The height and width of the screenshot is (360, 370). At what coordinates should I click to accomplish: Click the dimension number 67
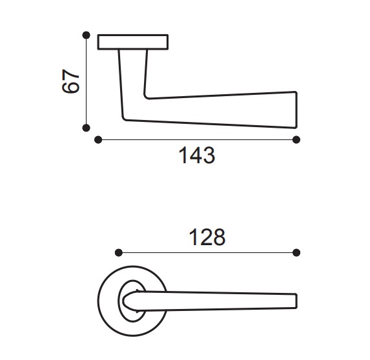(x=70, y=81)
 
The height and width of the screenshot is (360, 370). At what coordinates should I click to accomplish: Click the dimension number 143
(x=197, y=155)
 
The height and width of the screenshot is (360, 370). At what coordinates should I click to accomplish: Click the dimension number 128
(x=207, y=237)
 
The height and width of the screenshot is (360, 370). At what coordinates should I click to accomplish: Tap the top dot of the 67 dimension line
(x=87, y=35)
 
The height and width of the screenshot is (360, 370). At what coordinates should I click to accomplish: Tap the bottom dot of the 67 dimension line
(x=87, y=128)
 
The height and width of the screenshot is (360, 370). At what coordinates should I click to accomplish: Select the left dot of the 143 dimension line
(x=98, y=140)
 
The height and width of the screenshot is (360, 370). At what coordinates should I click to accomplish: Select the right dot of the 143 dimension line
(x=296, y=140)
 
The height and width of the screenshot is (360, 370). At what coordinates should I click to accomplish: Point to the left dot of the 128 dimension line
(x=119, y=253)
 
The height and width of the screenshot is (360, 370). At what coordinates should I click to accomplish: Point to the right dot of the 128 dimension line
(x=296, y=253)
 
